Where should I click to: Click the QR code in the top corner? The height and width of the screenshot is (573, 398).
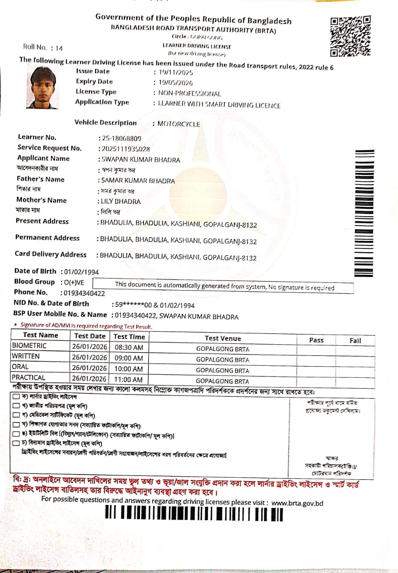coord(350,36)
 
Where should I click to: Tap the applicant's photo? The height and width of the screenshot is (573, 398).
coord(43,88)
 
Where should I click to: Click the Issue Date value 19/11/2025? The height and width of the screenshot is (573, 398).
coord(173,72)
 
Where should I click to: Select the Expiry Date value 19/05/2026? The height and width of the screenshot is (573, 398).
coord(173,82)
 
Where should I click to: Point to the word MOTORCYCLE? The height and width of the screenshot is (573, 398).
coord(178,124)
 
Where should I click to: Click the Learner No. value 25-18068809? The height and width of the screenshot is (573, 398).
coord(121,138)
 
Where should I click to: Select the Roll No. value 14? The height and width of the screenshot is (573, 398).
coord(60,48)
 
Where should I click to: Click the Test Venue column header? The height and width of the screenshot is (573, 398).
coord(223,338)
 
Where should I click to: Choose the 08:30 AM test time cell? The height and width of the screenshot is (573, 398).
coord(129,347)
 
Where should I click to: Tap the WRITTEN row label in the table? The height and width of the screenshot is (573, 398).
coord(26,356)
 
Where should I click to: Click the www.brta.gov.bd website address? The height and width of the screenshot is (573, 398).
coord(297,503)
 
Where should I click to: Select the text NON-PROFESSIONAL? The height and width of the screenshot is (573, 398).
coord(190,94)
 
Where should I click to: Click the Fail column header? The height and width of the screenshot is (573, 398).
coord(355,341)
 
